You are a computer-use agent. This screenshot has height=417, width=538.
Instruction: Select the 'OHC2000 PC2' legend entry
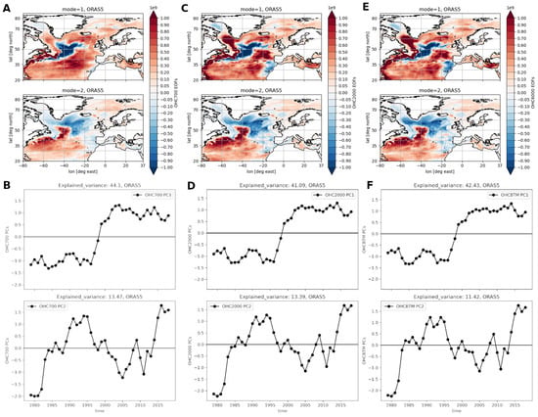tap(235, 307)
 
